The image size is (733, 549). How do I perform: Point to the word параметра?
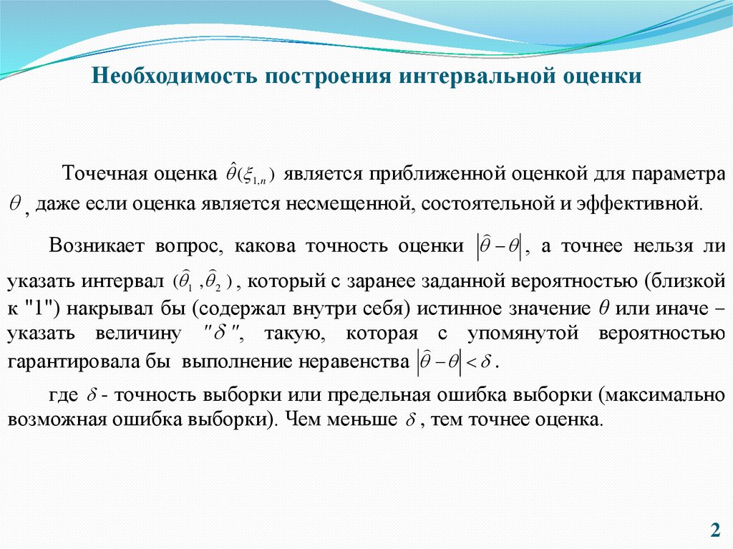click(681, 175)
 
